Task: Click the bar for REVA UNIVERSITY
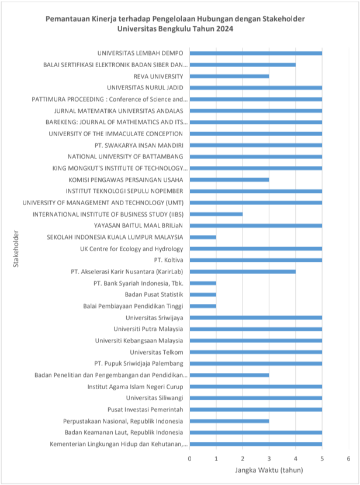pyautogui.click(x=229, y=77)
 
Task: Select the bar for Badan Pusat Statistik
pyautogui.click(x=203, y=295)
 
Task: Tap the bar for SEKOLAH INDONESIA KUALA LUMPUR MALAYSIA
pyautogui.click(x=203, y=237)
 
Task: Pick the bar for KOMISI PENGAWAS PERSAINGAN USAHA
pyautogui.click(x=229, y=180)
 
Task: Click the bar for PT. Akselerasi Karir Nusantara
pyautogui.click(x=243, y=272)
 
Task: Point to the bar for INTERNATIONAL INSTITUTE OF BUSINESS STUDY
pyautogui.click(x=216, y=214)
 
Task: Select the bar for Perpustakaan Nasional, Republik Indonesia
pyautogui.click(x=229, y=421)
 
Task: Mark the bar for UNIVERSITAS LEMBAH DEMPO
pyautogui.click(x=256, y=53)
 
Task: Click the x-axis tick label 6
pyautogui.click(x=348, y=459)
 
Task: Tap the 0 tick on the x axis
pyautogui.click(x=189, y=459)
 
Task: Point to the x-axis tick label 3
pyautogui.click(x=269, y=459)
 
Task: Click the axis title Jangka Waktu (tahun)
pyautogui.click(x=269, y=470)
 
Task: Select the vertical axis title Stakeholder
pyautogui.click(x=16, y=249)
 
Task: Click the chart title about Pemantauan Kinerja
pyautogui.click(x=175, y=24)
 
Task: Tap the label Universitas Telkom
pyautogui.click(x=157, y=352)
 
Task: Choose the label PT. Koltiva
pyautogui.click(x=168, y=260)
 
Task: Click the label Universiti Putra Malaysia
pyautogui.click(x=148, y=329)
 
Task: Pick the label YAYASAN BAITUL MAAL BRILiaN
pyautogui.click(x=139, y=226)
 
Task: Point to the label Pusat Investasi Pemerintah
pyautogui.click(x=146, y=410)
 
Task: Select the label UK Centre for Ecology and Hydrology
pyautogui.click(x=131, y=249)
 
